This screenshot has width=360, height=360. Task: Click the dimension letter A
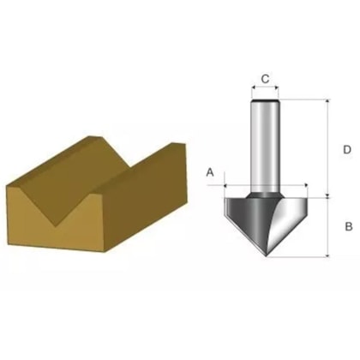coord(210,172)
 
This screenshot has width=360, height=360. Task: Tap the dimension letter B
coord(349,226)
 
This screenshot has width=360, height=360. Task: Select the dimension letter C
coord(265,79)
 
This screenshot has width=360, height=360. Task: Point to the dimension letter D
coord(347,149)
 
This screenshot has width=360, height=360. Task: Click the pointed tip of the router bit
coord(267,256)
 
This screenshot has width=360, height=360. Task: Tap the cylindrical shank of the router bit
coord(265,146)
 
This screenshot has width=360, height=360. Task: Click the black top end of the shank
coord(265,100)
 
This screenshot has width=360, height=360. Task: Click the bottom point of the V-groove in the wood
coord(57,226)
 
